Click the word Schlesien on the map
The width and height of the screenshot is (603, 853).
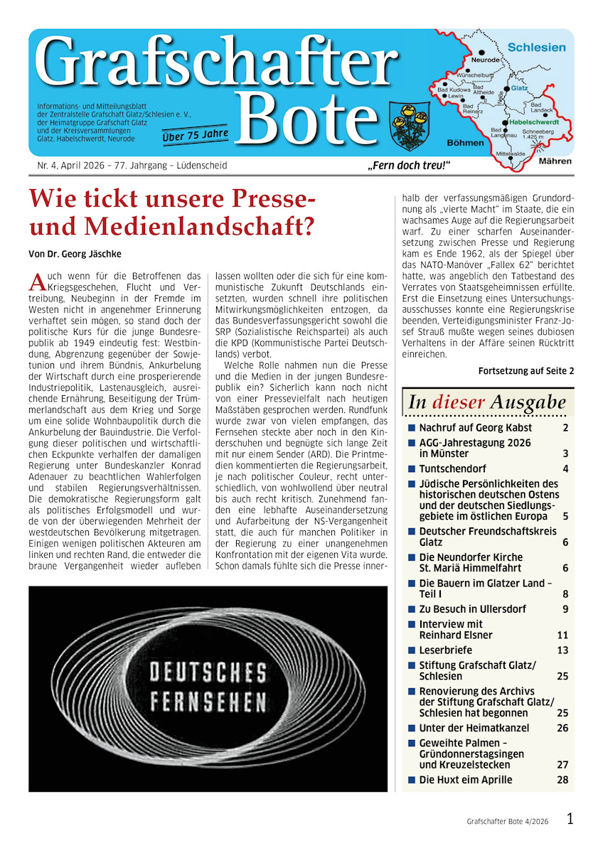click(536, 48)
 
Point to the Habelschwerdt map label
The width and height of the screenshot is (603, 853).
click(533, 122)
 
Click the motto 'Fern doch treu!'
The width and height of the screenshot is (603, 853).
click(409, 166)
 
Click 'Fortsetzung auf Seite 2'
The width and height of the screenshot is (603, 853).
click(525, 370)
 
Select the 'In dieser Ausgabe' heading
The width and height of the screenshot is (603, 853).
click(487, 403)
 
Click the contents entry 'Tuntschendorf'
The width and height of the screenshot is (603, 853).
click(452, 468)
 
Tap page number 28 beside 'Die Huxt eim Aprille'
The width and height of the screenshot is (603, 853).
click(562, 780)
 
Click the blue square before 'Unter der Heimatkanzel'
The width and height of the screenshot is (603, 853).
click(412, 728)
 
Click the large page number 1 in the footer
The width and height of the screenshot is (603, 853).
click(570, 819)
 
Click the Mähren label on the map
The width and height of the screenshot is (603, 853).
click(555, 161)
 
